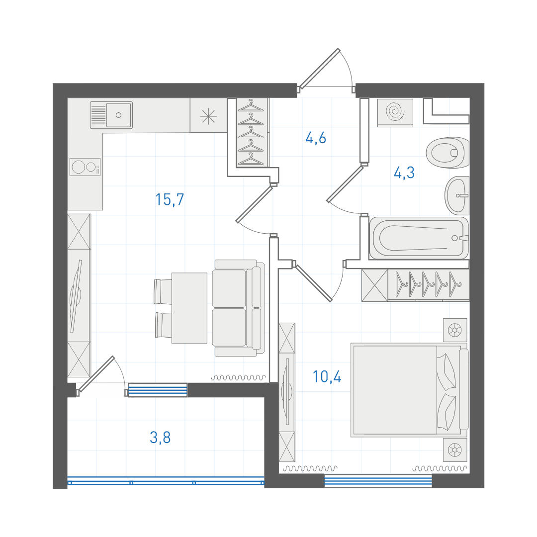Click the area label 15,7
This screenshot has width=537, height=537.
170,200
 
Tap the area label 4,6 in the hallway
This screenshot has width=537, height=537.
315,138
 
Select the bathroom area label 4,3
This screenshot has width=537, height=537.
404,173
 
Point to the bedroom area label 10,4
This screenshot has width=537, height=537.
327,377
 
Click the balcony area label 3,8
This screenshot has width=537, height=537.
160,438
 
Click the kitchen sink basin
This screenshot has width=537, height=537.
118,115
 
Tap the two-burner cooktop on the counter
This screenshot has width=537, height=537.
85,167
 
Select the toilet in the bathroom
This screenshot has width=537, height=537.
447,153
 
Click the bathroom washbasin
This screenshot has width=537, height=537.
457,195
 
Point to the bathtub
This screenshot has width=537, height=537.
419,238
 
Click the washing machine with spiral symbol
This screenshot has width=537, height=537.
395,113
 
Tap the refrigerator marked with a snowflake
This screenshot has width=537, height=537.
208,116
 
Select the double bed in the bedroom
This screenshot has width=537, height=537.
409,390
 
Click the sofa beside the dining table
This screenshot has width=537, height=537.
238,308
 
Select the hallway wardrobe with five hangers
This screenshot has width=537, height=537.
251,132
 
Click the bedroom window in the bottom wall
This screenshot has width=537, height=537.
378,481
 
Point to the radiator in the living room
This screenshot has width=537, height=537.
238,377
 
